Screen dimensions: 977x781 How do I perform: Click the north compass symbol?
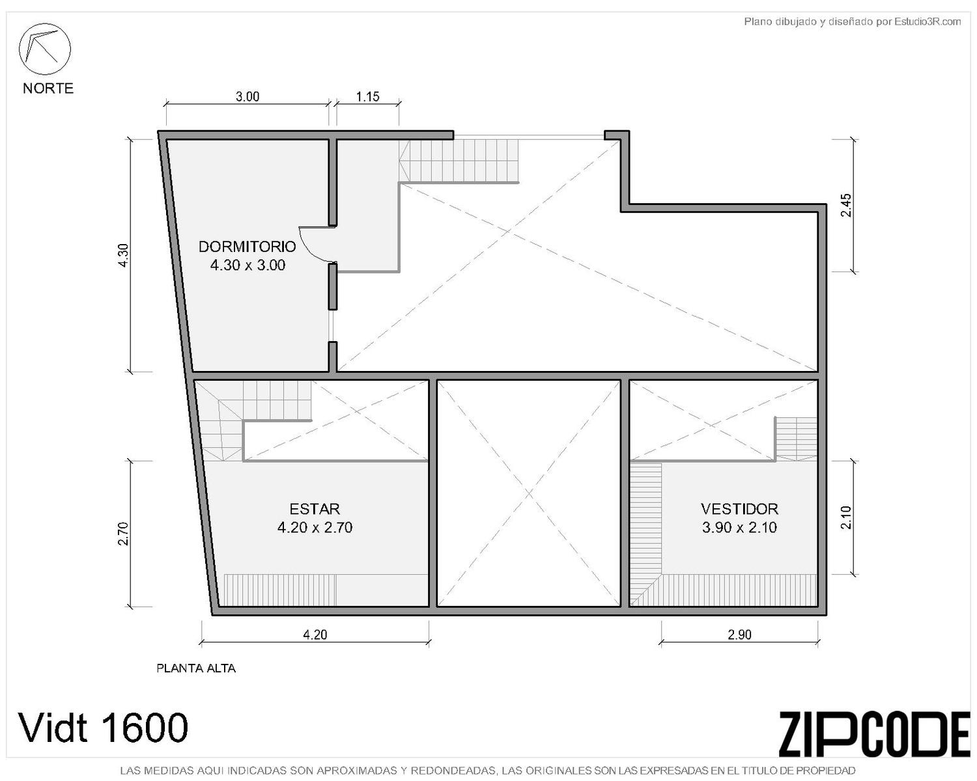[x=44, y=49]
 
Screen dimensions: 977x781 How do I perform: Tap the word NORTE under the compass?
[x=48, y=88]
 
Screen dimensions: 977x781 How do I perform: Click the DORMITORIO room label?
[x=248, y=247]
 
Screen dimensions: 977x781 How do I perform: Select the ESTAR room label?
[x=315, y=509]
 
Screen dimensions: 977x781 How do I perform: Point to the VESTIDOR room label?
[x=739, y=509]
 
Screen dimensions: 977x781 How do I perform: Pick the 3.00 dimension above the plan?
[x=248, y=97]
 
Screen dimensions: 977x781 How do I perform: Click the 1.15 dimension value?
[x=367, y=97]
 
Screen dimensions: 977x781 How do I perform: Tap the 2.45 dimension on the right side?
[x=846, y=206]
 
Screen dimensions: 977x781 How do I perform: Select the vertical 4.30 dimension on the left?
[x=123, y=256]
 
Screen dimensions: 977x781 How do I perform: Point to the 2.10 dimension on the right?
[x=846, y=517]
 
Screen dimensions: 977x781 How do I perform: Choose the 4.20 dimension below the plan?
[x=315, y=635]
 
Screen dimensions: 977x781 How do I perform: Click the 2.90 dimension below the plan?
[x=739, y=635]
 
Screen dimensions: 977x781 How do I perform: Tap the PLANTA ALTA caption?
[x=196, y=668]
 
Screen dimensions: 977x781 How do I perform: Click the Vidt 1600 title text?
[x=103, y=728]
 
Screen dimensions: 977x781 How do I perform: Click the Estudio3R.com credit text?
[x=927, y=21]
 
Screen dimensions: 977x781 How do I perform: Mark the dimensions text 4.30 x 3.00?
[x=248, y=265]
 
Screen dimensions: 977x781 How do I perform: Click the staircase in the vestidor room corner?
[x=795, y=438]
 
